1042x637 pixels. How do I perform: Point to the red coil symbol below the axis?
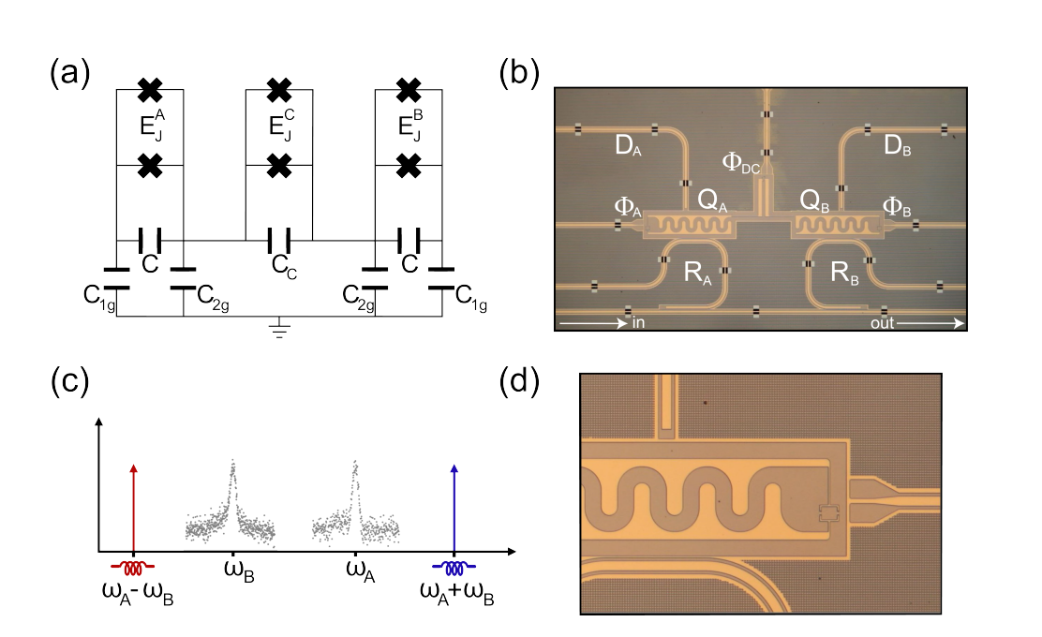pyautogui.click(x=134, y=568)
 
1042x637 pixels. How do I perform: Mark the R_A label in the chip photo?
pyautogui.click(x=690, y=274)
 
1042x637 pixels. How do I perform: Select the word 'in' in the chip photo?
pyautogui.click(x=639, y=324)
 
